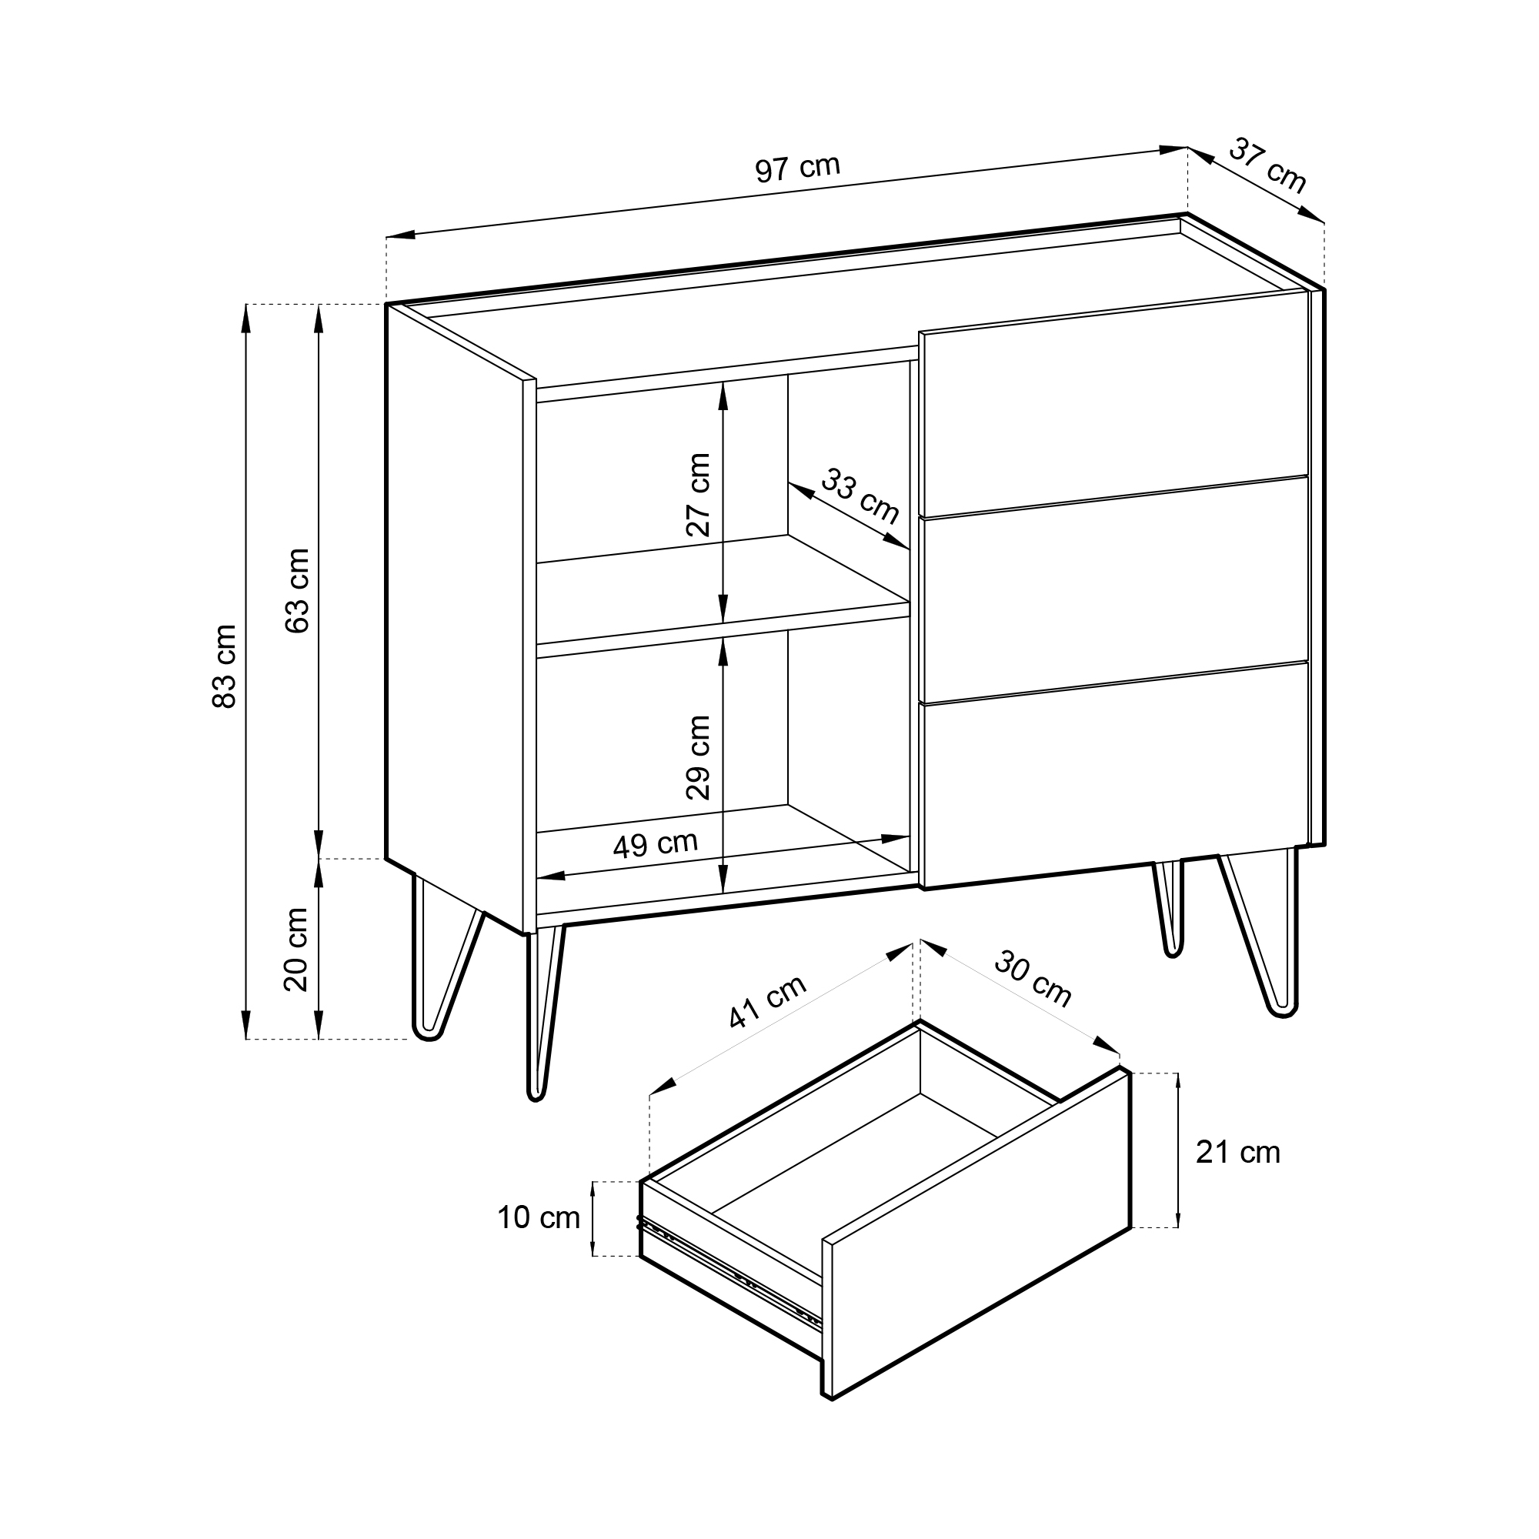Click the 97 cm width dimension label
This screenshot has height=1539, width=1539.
(797, 168)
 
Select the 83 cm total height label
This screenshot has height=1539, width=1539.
(225, 666)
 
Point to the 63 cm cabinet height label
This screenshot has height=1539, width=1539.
(297, 590)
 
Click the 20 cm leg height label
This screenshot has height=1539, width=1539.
(296, 950)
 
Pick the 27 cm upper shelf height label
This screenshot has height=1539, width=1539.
(699, 495)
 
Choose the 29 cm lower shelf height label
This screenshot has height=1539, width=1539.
(699, 757)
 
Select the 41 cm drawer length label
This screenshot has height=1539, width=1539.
(768, 1001)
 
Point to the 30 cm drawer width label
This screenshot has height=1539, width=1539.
(1033, 979)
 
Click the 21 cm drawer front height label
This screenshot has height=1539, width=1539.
(1238, 1152)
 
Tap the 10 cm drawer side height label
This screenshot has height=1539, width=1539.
(539, 1218)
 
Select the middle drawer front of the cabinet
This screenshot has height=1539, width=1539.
(1114, 590)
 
